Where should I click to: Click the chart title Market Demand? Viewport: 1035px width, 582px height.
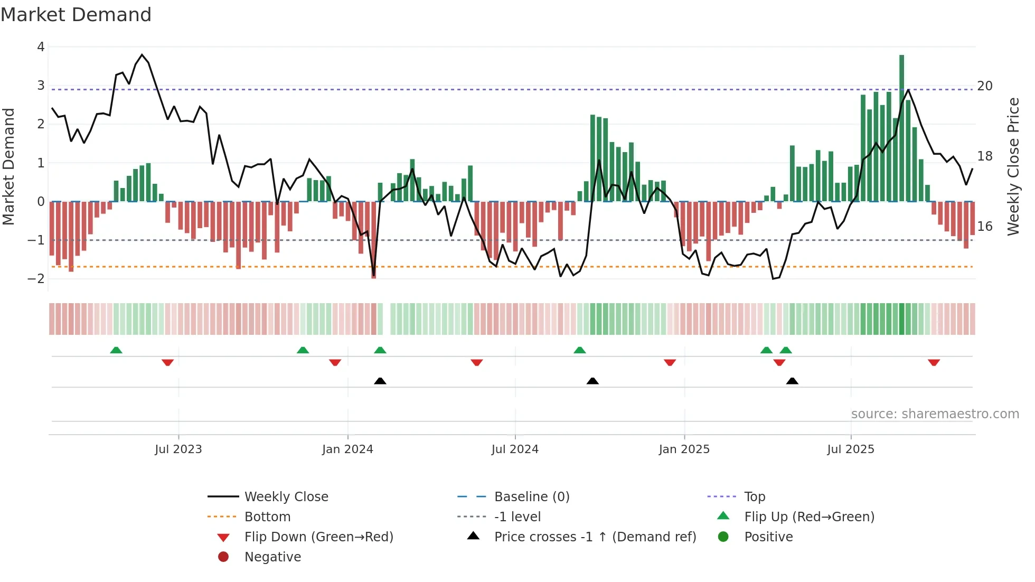(76, 15)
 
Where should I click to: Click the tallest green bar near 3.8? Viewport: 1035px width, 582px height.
(901, 127)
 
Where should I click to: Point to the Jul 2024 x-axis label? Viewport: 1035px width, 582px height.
(515, 449)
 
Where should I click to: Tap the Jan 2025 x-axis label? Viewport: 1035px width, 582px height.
(684, 449)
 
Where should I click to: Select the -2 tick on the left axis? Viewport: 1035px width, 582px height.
(36, 278)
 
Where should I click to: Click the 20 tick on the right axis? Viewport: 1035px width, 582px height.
(984, 86)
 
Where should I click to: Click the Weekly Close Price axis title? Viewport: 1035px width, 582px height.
(1013, 166)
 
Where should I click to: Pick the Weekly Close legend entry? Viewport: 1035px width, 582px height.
(286, 496)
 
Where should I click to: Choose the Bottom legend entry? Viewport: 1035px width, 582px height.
(267, 517)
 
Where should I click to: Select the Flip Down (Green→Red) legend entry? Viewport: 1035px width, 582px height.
(318, 537)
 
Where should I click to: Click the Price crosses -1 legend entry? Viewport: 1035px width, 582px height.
(595, 537)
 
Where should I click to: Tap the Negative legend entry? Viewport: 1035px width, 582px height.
(272, 557)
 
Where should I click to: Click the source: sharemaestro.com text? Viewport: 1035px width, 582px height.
(935, 414)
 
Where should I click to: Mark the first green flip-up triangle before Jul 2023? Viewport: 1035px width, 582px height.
(116, 350)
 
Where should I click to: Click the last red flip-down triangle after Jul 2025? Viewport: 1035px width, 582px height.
(934, 362)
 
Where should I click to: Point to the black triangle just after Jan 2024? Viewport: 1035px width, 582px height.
(380, 381)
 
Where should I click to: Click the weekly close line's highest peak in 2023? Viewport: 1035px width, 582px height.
(142, 54)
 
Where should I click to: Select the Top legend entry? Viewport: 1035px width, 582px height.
(754, 496)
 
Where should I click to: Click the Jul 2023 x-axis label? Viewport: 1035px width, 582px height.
(178, 449)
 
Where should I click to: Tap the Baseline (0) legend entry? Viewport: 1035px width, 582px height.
(531, 496)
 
